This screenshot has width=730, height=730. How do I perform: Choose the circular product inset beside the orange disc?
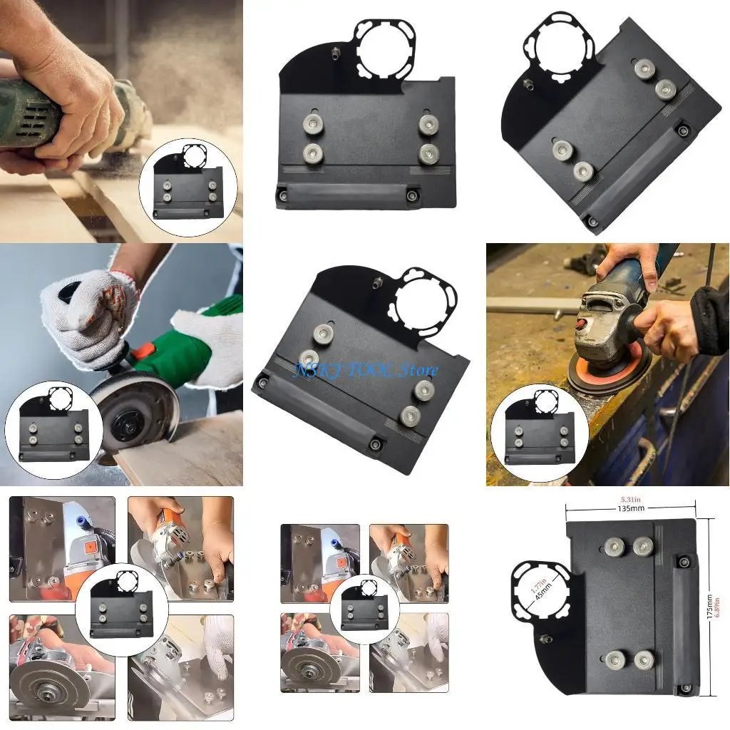540,433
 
